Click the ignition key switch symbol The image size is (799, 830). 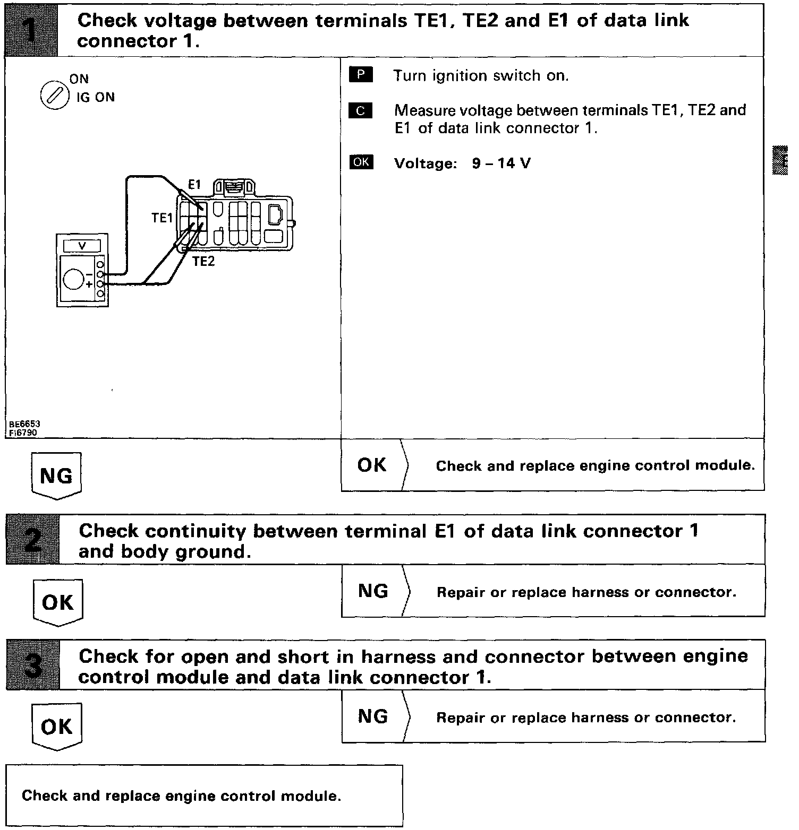[55, 97]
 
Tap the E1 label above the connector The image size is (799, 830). [194, 185]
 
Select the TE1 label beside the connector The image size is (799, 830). [162, 218]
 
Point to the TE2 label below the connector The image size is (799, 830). [203, 261]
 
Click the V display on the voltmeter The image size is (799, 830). [82, 246]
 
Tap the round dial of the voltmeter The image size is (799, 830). [74, 278]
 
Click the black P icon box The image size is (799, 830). [361, 75]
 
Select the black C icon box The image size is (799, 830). [361, 111]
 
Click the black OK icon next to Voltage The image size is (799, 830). [361, 162]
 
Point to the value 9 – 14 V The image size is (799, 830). [501, 163]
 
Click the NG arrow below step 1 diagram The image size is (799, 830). [56, 475]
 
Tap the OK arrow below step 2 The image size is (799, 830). [57, 602]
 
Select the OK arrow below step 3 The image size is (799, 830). [56, 727]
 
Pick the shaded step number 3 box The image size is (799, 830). [32, 665]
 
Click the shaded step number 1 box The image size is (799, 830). [31, 30]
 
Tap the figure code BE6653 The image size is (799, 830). [24, 424]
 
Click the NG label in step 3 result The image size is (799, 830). [373, 716]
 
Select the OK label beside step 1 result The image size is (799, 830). [372, 465]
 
